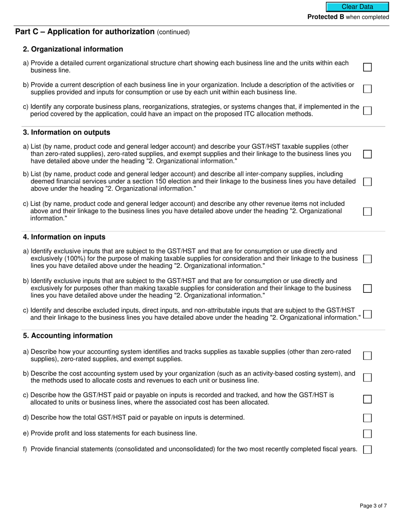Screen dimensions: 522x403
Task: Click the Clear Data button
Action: tap(357, 7)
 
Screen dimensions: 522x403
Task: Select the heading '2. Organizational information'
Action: tap(73, 49)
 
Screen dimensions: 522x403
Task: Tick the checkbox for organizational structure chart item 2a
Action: tap(367, 67)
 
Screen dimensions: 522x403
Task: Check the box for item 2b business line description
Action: tap(367, 89)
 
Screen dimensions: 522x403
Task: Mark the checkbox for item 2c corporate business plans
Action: tap(367, 110)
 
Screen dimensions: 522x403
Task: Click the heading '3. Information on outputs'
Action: tap(67, 132)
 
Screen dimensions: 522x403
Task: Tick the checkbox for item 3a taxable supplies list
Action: tap(367, 154)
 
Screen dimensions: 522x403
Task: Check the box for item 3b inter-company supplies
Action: tap(367, 182)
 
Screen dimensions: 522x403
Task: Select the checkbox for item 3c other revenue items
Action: tap(367, 211)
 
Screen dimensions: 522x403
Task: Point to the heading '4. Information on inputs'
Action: tap(64, 237)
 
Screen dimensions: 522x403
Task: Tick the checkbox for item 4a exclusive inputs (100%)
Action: tap(367, 259)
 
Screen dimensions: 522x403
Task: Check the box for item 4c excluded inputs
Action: tap(367, 314)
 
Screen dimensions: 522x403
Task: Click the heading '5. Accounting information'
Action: tap(68, 336)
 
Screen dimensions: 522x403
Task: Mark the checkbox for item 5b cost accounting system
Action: tap(367, 377)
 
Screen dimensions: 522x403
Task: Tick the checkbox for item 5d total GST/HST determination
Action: tap(367, 418)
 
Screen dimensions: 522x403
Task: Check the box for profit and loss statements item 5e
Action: tap(367, 434)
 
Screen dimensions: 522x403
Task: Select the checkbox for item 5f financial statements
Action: tap(367, 449)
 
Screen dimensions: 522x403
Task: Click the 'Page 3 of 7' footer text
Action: tap(373, 505)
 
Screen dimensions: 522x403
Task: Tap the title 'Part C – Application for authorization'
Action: tap(85, 31)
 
